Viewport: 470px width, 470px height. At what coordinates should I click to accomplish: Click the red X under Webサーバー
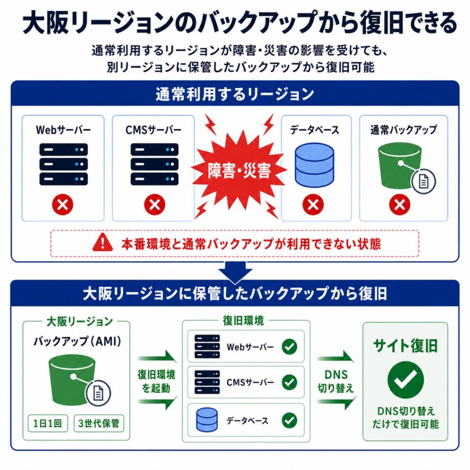click(x=62, y=205)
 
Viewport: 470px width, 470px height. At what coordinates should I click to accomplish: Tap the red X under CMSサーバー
click(x=155, y=205)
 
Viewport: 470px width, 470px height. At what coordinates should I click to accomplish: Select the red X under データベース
click(x=313, y=205)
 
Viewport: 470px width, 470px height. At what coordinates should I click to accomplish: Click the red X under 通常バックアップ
click(x=400, y=205)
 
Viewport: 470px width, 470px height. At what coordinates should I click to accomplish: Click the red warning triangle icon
click(x=102, y=242)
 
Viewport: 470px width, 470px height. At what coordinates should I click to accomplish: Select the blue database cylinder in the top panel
click(x=314, y=165)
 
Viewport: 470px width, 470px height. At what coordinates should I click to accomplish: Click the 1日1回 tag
click(x=48, y=423)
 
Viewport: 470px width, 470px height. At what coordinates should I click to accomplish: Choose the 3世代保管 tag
click(x=99, y=423)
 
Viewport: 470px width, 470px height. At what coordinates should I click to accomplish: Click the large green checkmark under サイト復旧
click(x=406, y=380)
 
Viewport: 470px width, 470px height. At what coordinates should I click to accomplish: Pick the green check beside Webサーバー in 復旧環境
click(x=289, y=347)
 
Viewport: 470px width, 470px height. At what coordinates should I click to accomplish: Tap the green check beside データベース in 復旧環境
click(x=289, y=420)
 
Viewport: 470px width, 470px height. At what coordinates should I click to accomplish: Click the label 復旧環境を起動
click(x=156, y=381)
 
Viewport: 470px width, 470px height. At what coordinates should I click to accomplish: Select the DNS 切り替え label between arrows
click(x=336, y=381)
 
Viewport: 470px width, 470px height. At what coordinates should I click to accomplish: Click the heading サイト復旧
click(x=406, y=346)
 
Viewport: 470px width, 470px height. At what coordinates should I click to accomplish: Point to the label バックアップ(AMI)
click(x=77, y=341)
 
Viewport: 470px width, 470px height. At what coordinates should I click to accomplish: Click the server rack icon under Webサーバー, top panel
click(x=63, y=164)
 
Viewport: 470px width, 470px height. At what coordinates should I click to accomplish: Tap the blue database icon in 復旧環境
click(x=207, y=420)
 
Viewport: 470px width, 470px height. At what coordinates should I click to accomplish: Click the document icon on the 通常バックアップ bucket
click(x=423, y=181)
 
